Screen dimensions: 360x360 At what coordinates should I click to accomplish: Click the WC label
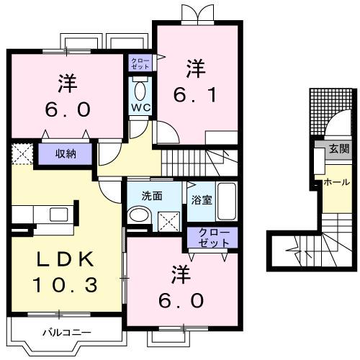point(141,107)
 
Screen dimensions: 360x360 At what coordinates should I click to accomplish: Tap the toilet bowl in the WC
point(140,91)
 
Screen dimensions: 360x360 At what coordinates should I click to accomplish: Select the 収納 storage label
point(66,154)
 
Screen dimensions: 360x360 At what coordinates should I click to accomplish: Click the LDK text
point(65,259)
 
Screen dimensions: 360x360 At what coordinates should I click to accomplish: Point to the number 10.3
point(65,284)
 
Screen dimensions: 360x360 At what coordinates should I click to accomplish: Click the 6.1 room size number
point(195,94)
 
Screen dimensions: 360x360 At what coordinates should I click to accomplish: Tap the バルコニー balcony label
point(67,333)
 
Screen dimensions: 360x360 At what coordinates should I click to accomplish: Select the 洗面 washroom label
point(152,196)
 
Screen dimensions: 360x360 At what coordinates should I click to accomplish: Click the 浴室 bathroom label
point(202,200)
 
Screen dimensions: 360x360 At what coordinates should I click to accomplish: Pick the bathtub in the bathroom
point(227,201)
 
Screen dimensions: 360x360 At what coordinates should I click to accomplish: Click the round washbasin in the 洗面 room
point(139,215)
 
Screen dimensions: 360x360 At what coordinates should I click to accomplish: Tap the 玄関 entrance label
point(339,149)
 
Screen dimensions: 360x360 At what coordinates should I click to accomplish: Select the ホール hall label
point(337,182)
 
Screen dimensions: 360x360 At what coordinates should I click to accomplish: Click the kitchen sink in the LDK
point(59,215)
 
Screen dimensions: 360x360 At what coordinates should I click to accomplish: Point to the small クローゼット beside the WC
point(140,63)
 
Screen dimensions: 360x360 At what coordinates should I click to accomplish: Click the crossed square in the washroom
point(168,222)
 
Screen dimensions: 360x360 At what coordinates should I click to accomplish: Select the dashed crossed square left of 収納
point(22,153)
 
